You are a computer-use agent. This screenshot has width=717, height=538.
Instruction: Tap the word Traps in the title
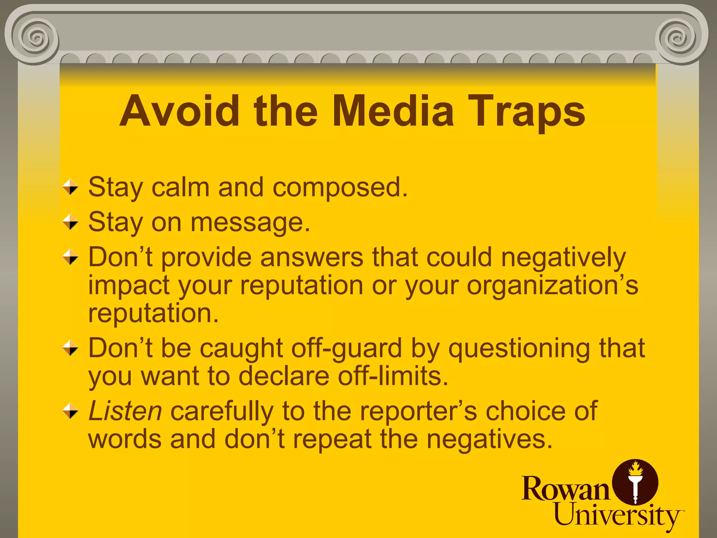tap(526, 111)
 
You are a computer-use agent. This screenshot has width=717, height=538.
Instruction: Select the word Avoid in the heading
tap(179, 111)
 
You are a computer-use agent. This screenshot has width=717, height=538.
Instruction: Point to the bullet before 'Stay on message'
tap(70, 222)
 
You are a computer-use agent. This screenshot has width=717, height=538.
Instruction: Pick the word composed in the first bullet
tap(340, 187)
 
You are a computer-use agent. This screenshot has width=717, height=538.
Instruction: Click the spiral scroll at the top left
tap(35, 37)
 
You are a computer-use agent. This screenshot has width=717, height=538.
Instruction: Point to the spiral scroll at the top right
tap(679, 37)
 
